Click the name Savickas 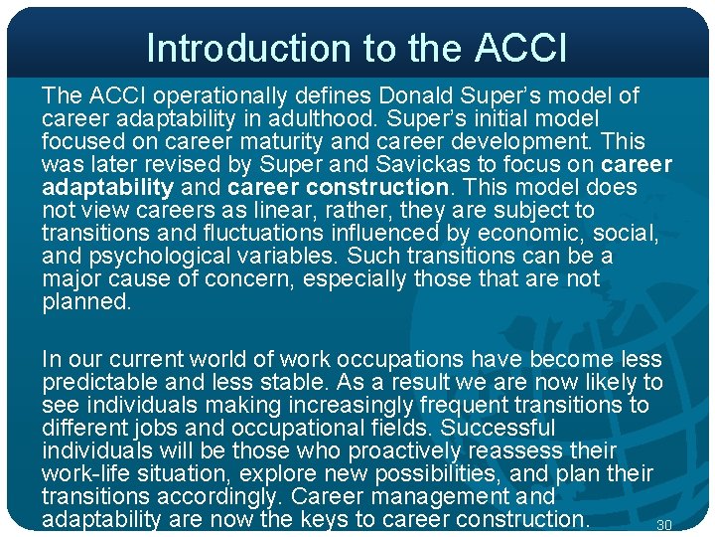(447, 164)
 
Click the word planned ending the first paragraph (85, 301)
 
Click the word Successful (498, 428)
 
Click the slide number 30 (665, 525)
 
